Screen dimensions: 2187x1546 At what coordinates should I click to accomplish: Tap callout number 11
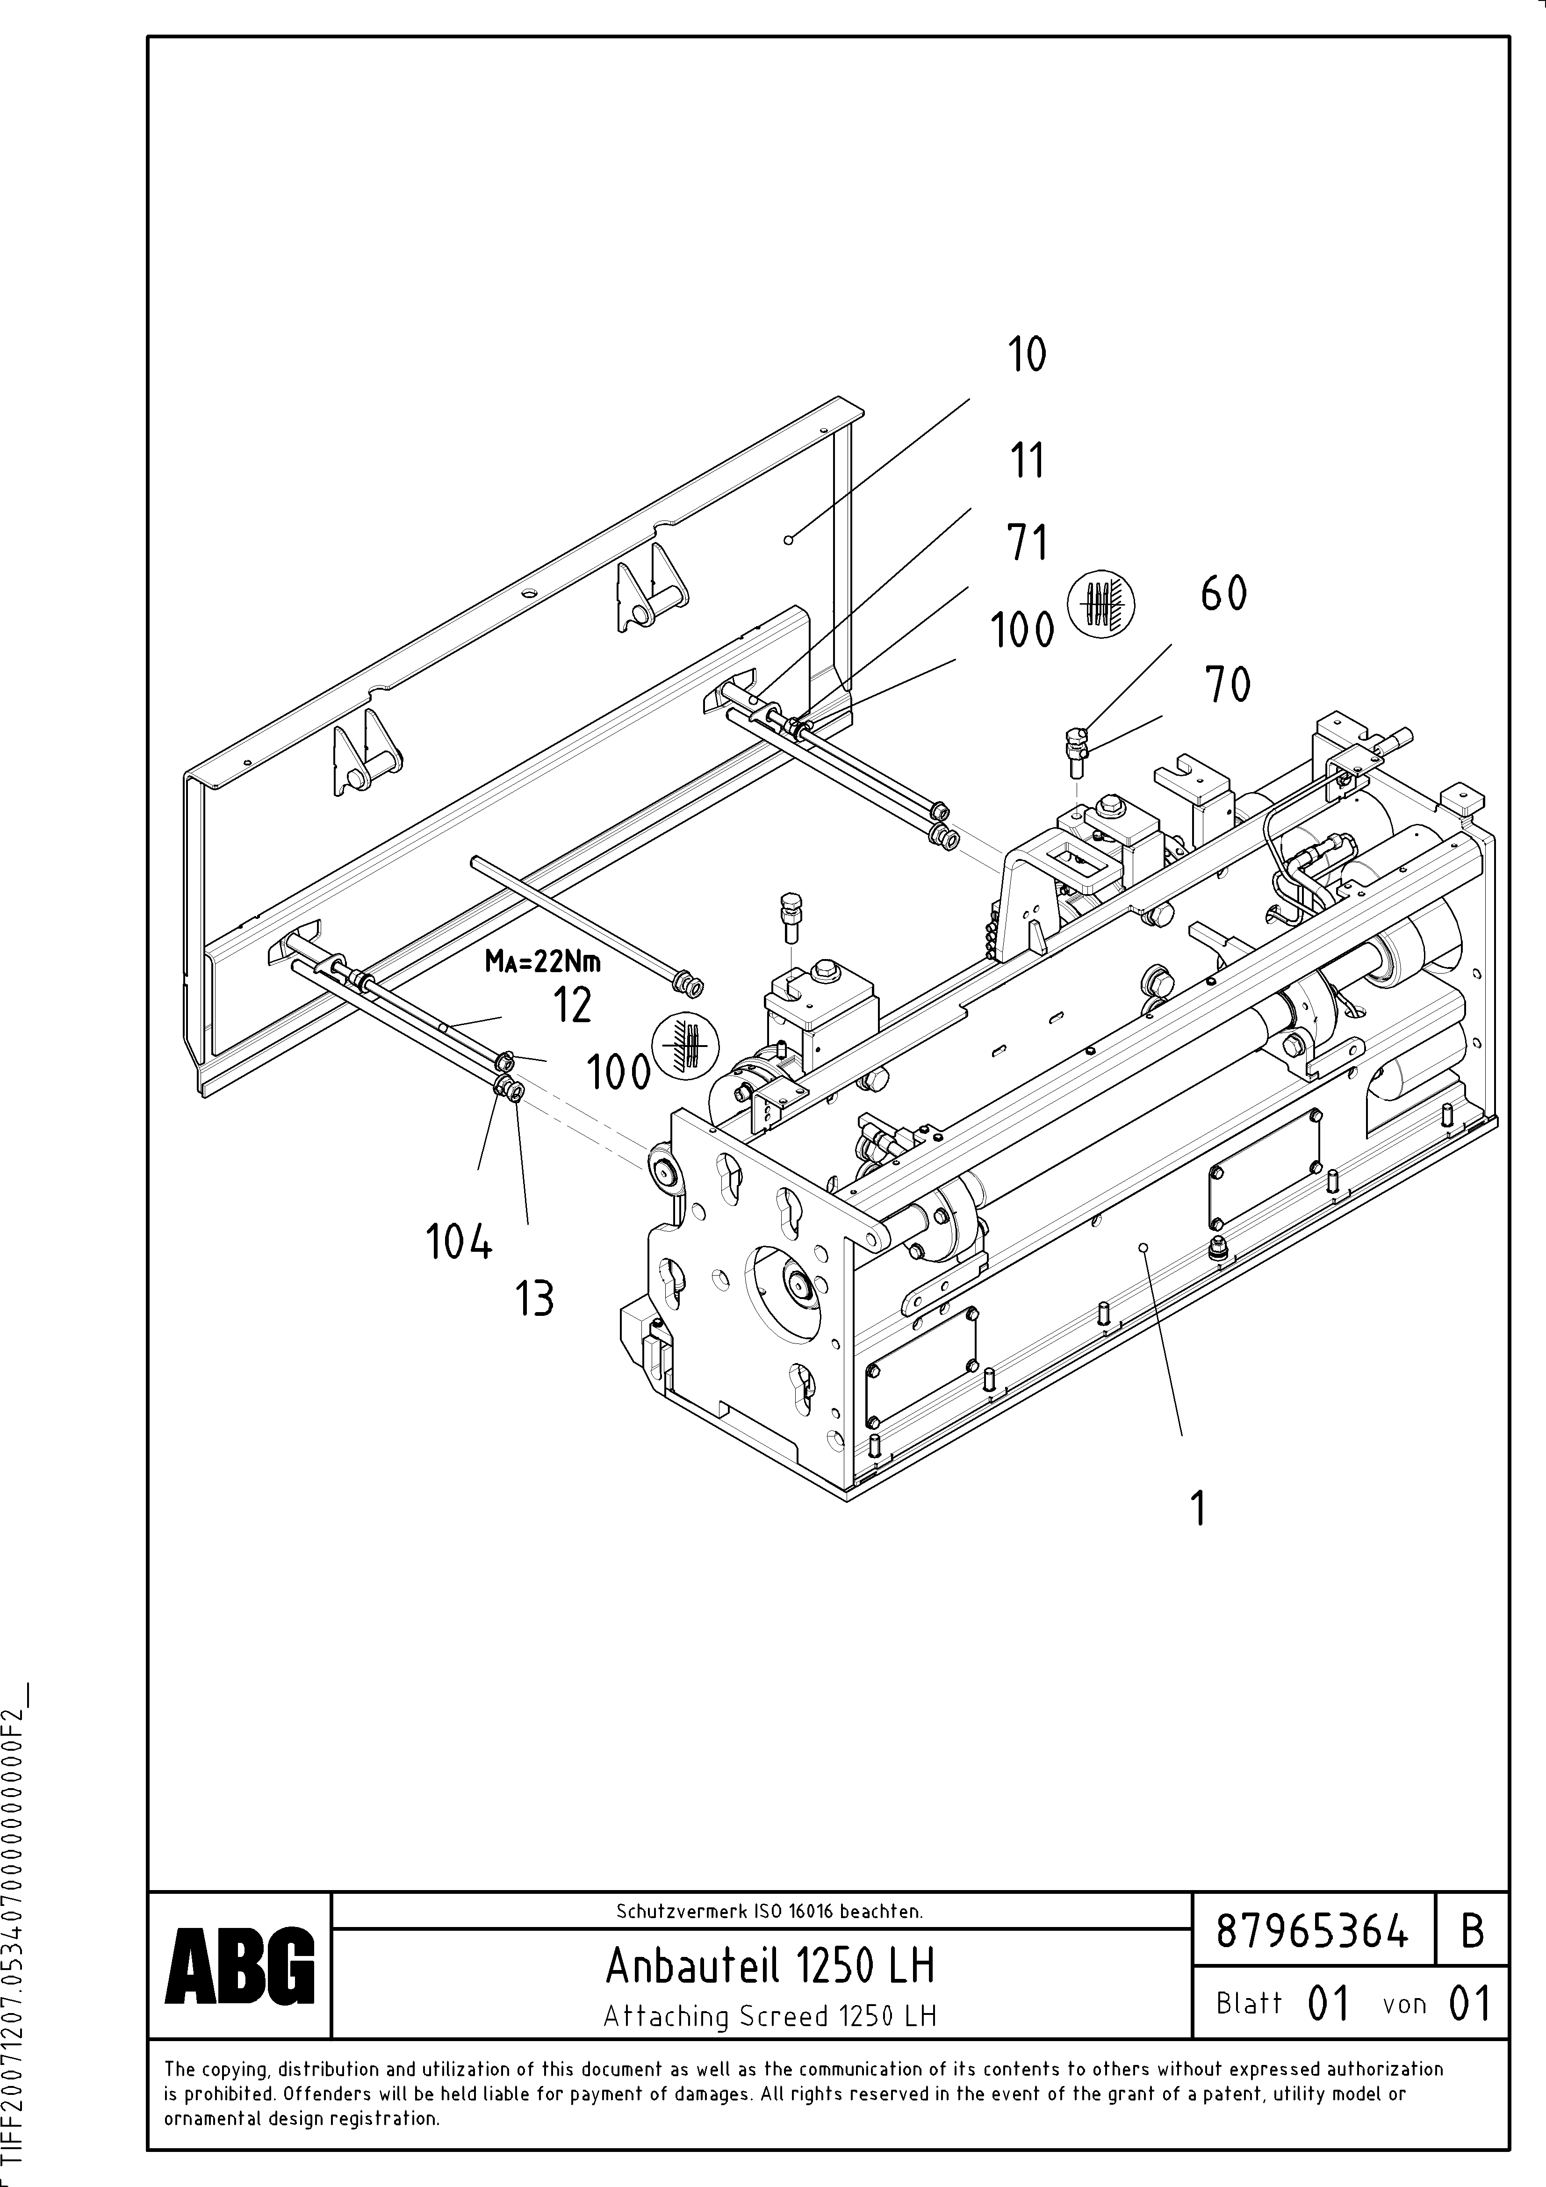pos(1027,461)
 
